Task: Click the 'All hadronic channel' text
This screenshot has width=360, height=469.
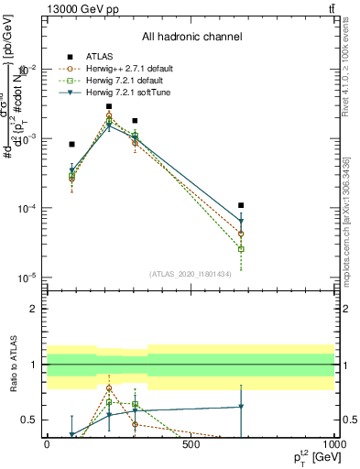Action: [191, 38]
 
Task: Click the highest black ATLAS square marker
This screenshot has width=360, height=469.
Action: [109, 106]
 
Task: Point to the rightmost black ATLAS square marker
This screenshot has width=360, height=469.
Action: [241, 205]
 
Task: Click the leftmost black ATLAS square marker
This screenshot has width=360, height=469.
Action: [71, 144]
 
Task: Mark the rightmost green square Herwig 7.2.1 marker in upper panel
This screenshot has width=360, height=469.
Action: [241, 249]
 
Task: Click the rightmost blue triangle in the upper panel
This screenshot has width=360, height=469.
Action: [241, 222]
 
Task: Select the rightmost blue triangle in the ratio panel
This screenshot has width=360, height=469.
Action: [241, 407]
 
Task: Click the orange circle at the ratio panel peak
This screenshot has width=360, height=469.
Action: [109, 388]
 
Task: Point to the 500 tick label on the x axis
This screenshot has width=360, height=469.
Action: [191, 443]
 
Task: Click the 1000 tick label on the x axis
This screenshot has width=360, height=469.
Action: [333, 443]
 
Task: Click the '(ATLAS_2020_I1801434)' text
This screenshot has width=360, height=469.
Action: [191, 273]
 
